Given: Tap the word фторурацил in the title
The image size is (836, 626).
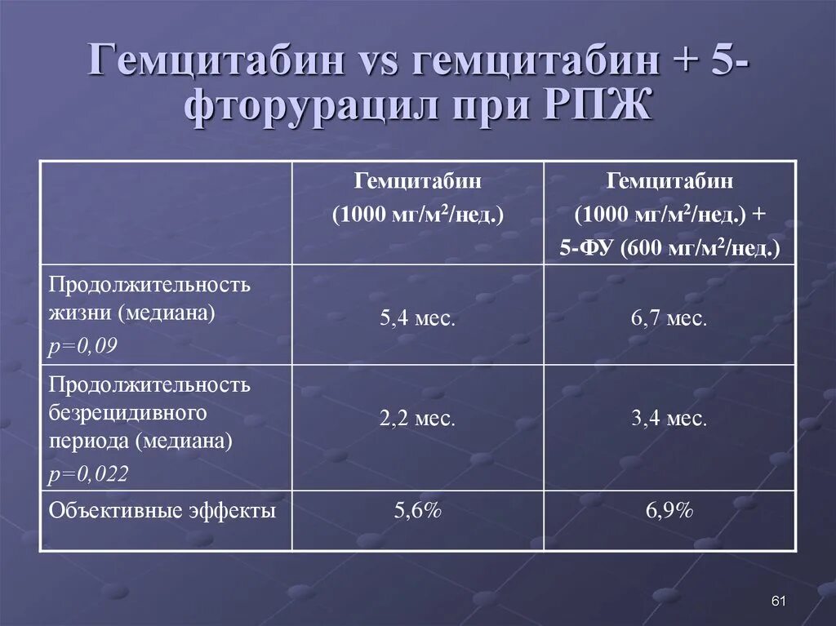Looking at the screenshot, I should (312, 107).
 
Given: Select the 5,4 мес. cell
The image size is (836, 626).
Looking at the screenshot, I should (417, 318).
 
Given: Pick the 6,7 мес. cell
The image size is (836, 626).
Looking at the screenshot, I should (669, 318).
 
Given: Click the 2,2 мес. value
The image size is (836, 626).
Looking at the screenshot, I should (417, 420).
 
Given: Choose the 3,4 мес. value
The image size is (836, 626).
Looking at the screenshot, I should (669, 420).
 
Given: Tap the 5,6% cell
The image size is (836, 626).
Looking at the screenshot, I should (417, 511).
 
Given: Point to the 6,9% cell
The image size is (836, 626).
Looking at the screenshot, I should (669, 511).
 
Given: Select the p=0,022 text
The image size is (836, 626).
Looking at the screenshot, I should (88, 474).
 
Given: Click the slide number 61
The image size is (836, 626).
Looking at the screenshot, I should (778, 602).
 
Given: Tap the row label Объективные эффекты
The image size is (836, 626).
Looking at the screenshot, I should (162, 511).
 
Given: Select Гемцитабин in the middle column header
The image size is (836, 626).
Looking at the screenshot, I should (417, 180).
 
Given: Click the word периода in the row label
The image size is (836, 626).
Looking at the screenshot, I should (89, 442).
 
